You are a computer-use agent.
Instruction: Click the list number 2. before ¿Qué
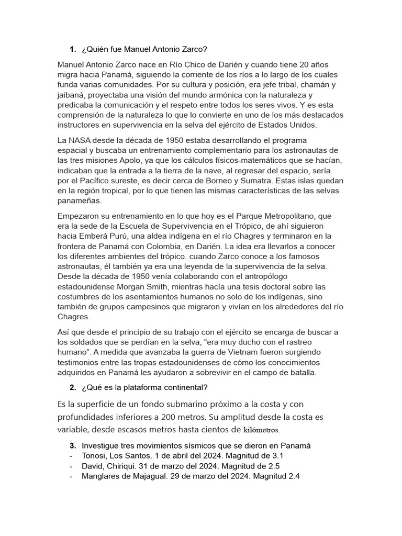tap(73, 387)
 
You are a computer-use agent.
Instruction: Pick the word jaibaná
tap(73, 95)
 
